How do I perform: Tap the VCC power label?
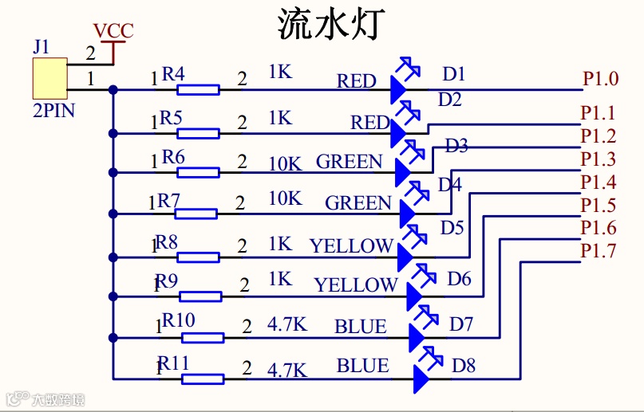point(113,32)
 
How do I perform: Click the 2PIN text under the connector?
point(54,111)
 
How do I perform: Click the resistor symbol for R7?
point(196,213)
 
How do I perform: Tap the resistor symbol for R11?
point(203,379)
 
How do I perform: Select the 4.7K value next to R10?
point(287,325)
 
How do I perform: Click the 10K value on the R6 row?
point(285,163)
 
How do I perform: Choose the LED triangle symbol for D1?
point(399,89)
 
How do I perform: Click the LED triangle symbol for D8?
point(422,379)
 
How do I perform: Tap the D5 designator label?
point(452,228)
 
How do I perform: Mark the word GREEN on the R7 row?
point(358,203)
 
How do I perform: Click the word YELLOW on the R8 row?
point(352,246)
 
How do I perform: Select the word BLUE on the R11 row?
point(363,366)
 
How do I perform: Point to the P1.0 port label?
point(600,79)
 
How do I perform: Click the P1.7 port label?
point(598,251)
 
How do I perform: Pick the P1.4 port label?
point(598,182)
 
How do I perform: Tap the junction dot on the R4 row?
point(114,89)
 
